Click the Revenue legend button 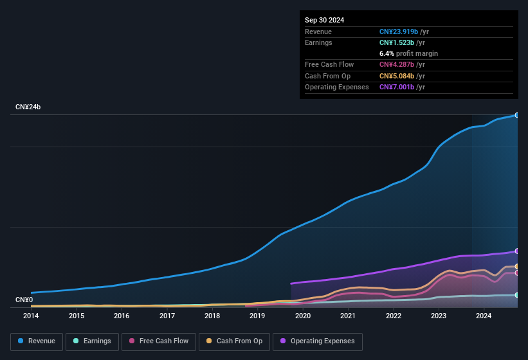(x=37, y=341)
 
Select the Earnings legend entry (x=93, y=341)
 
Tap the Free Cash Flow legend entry (x=158, y=341)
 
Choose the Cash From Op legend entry (x=234, y=341)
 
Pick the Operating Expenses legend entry (x=318, y=341)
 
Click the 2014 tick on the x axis (x=31, y=316)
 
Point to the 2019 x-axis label (x=257, y=316)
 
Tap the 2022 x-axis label (x=393, y=316)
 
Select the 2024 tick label (x=484, y=316)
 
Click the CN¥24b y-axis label (x=28, y=107)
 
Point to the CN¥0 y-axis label (x=24, y=300)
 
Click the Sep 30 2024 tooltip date (x=324, y=20)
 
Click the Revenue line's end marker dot (x=517, y=115)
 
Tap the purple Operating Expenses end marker (x=517, y=251)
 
